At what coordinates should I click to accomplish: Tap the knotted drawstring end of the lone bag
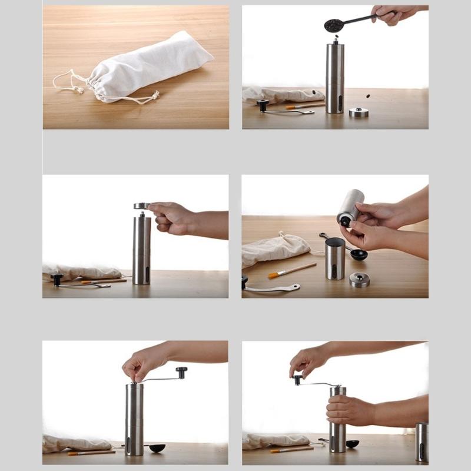pos(155,94)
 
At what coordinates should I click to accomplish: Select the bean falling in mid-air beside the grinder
pos(369,96)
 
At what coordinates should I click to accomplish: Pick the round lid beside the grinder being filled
pos(358,112)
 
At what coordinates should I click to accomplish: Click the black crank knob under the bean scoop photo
pos(263,105)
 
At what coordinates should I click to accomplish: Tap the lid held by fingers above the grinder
pos(141,206)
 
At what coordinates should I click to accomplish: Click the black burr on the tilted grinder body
pos(343,221)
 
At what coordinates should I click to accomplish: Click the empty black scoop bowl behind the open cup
pos(359,254)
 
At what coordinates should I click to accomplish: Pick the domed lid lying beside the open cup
pos(359,280)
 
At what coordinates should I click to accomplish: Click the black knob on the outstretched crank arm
pos(181,372)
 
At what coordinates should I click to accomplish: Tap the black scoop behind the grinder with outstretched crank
pos(157,448)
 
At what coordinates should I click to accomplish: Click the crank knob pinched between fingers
pos(298,380)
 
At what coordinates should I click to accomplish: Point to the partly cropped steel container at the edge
pos(422,442)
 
